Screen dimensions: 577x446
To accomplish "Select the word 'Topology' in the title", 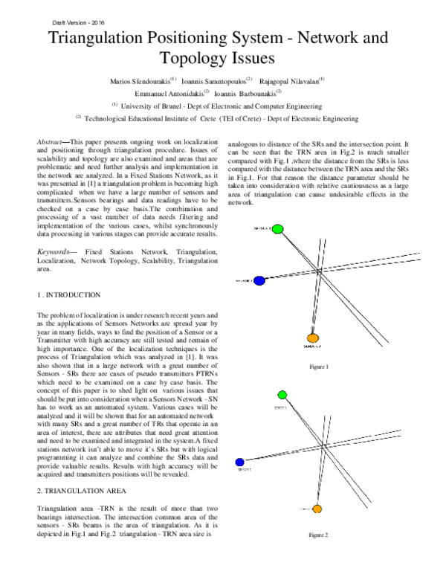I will click(x=198, y=59).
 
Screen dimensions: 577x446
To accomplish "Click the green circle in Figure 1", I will click(x=277, y=229).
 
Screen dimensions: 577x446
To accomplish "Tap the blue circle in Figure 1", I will click(x=259, y=281).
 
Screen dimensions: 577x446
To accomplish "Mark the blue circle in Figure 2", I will click(x=239, y=461).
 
